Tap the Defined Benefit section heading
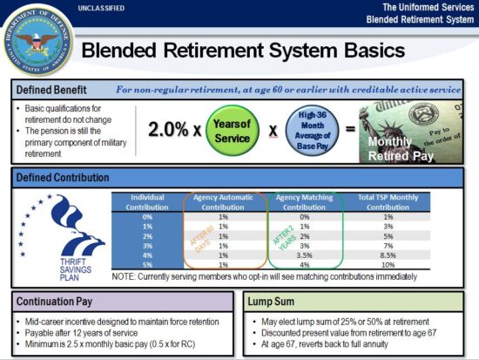(x=50, y=90)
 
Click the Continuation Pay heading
(x=54, y=302)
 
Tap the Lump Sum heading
(x=271, y=302)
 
